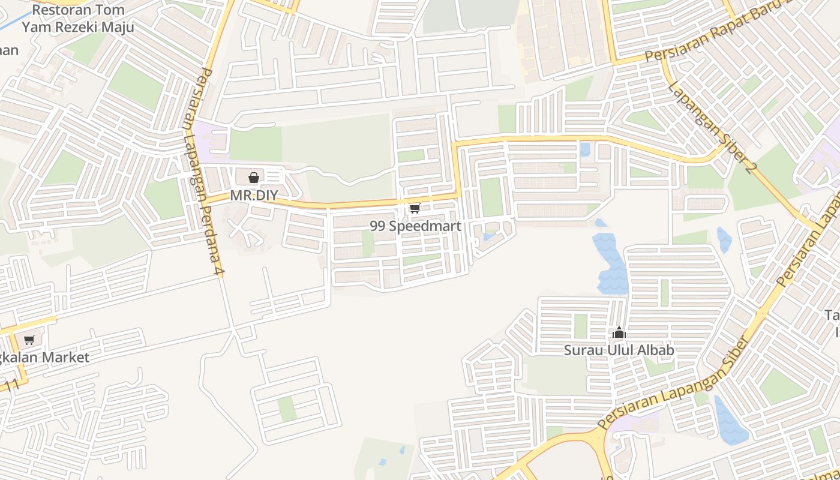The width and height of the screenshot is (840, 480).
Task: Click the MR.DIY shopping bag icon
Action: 254,178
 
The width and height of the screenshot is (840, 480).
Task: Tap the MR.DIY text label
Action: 254,196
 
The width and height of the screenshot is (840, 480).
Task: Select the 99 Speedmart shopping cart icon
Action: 415,209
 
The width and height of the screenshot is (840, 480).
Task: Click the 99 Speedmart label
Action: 415,226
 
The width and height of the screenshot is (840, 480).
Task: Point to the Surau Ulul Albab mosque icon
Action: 619,333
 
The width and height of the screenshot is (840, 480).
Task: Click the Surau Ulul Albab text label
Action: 619,350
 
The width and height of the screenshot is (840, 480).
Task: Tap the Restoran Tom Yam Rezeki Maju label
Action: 78,19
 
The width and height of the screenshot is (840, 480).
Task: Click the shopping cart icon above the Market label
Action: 29,340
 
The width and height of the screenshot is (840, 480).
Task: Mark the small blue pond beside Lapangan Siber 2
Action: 724,239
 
